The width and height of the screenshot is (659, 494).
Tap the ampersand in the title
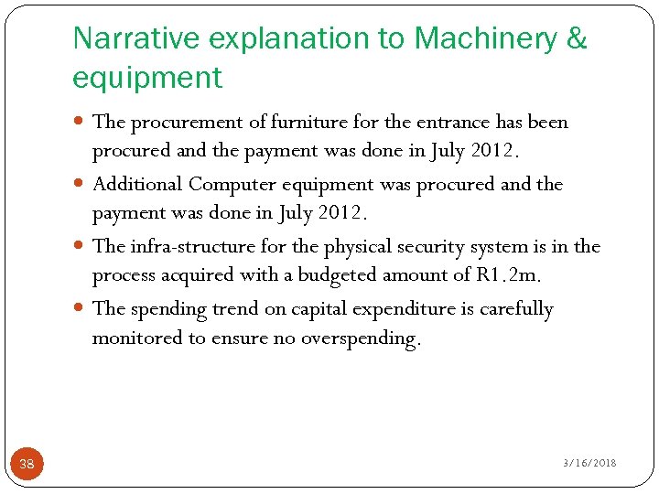point(577,38)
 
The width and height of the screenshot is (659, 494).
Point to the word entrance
point(449,122)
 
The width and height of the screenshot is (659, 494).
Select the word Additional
point(137,184)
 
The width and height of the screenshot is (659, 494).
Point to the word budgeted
point(338,275)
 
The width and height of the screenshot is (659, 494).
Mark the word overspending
point(361,338)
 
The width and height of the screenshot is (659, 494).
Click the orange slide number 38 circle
point(27,464)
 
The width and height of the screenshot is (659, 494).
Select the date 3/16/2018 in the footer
point(589,463)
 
